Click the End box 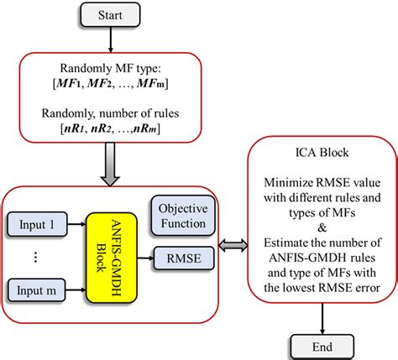tap(322, 345)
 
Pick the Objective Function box tap(189, 216)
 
